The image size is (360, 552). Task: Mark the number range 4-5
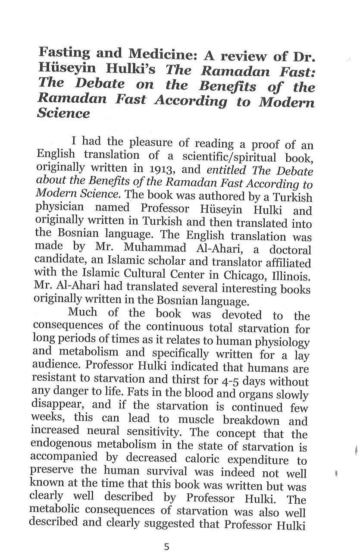(241, 382)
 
